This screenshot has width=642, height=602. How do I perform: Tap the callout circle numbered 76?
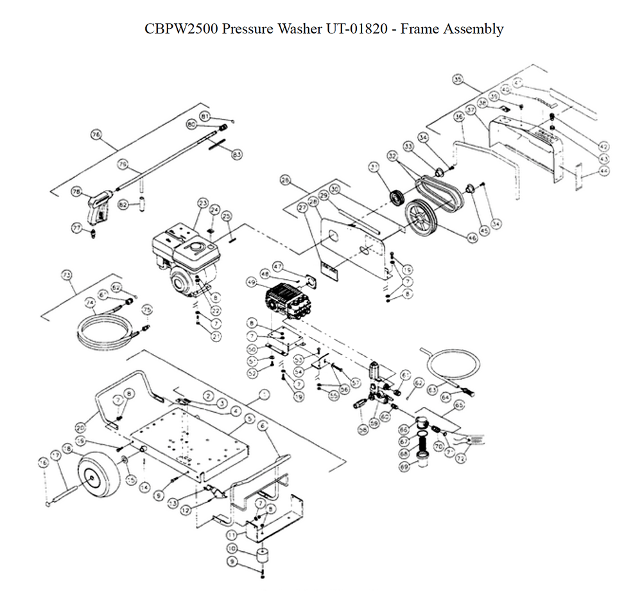(x=96, y=135)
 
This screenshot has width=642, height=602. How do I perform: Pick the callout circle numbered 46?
(x=473, y=237)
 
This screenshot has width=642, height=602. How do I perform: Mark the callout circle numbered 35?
(x=457, y=80)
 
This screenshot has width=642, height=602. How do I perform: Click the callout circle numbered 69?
(x=404, y=468)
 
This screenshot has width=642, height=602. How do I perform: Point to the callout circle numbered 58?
(x=364, y=428)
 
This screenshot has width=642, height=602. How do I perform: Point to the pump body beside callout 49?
(x=289, y=298)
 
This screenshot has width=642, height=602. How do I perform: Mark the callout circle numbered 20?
(x=80, y=426)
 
